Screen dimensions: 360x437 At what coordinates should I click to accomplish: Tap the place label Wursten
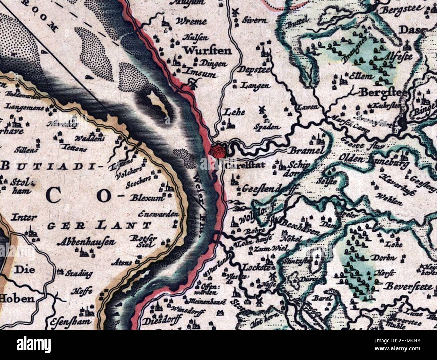pos(207,51)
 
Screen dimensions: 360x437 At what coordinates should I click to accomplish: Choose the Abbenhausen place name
pos(86,242)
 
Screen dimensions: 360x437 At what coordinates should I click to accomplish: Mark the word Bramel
pos(306,150)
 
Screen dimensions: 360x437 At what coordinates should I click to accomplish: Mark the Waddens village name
pos(85,139)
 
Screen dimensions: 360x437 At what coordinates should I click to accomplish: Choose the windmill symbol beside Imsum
pos(193,84)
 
